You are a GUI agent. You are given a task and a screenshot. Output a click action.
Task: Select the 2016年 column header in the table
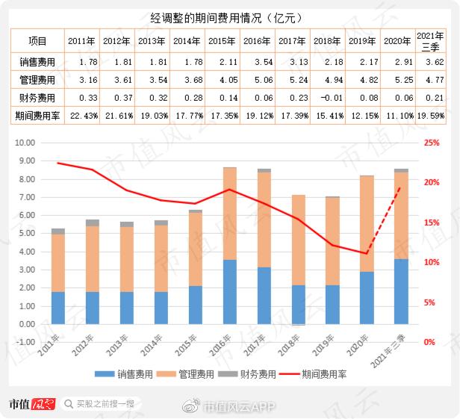pos(258,41)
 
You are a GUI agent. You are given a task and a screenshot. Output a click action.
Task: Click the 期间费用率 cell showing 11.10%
pos(397,116)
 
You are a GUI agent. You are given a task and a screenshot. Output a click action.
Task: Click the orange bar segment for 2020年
pos(367,223)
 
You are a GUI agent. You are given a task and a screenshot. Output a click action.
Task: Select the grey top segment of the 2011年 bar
pos(58,232)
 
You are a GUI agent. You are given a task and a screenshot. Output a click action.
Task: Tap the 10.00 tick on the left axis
pos(25,143)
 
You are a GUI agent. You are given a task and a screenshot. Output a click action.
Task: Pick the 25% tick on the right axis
pos(432,143)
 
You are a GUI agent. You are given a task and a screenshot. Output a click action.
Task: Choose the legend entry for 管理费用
pos(190,373)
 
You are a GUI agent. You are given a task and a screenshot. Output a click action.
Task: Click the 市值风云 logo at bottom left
pos(32,404)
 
